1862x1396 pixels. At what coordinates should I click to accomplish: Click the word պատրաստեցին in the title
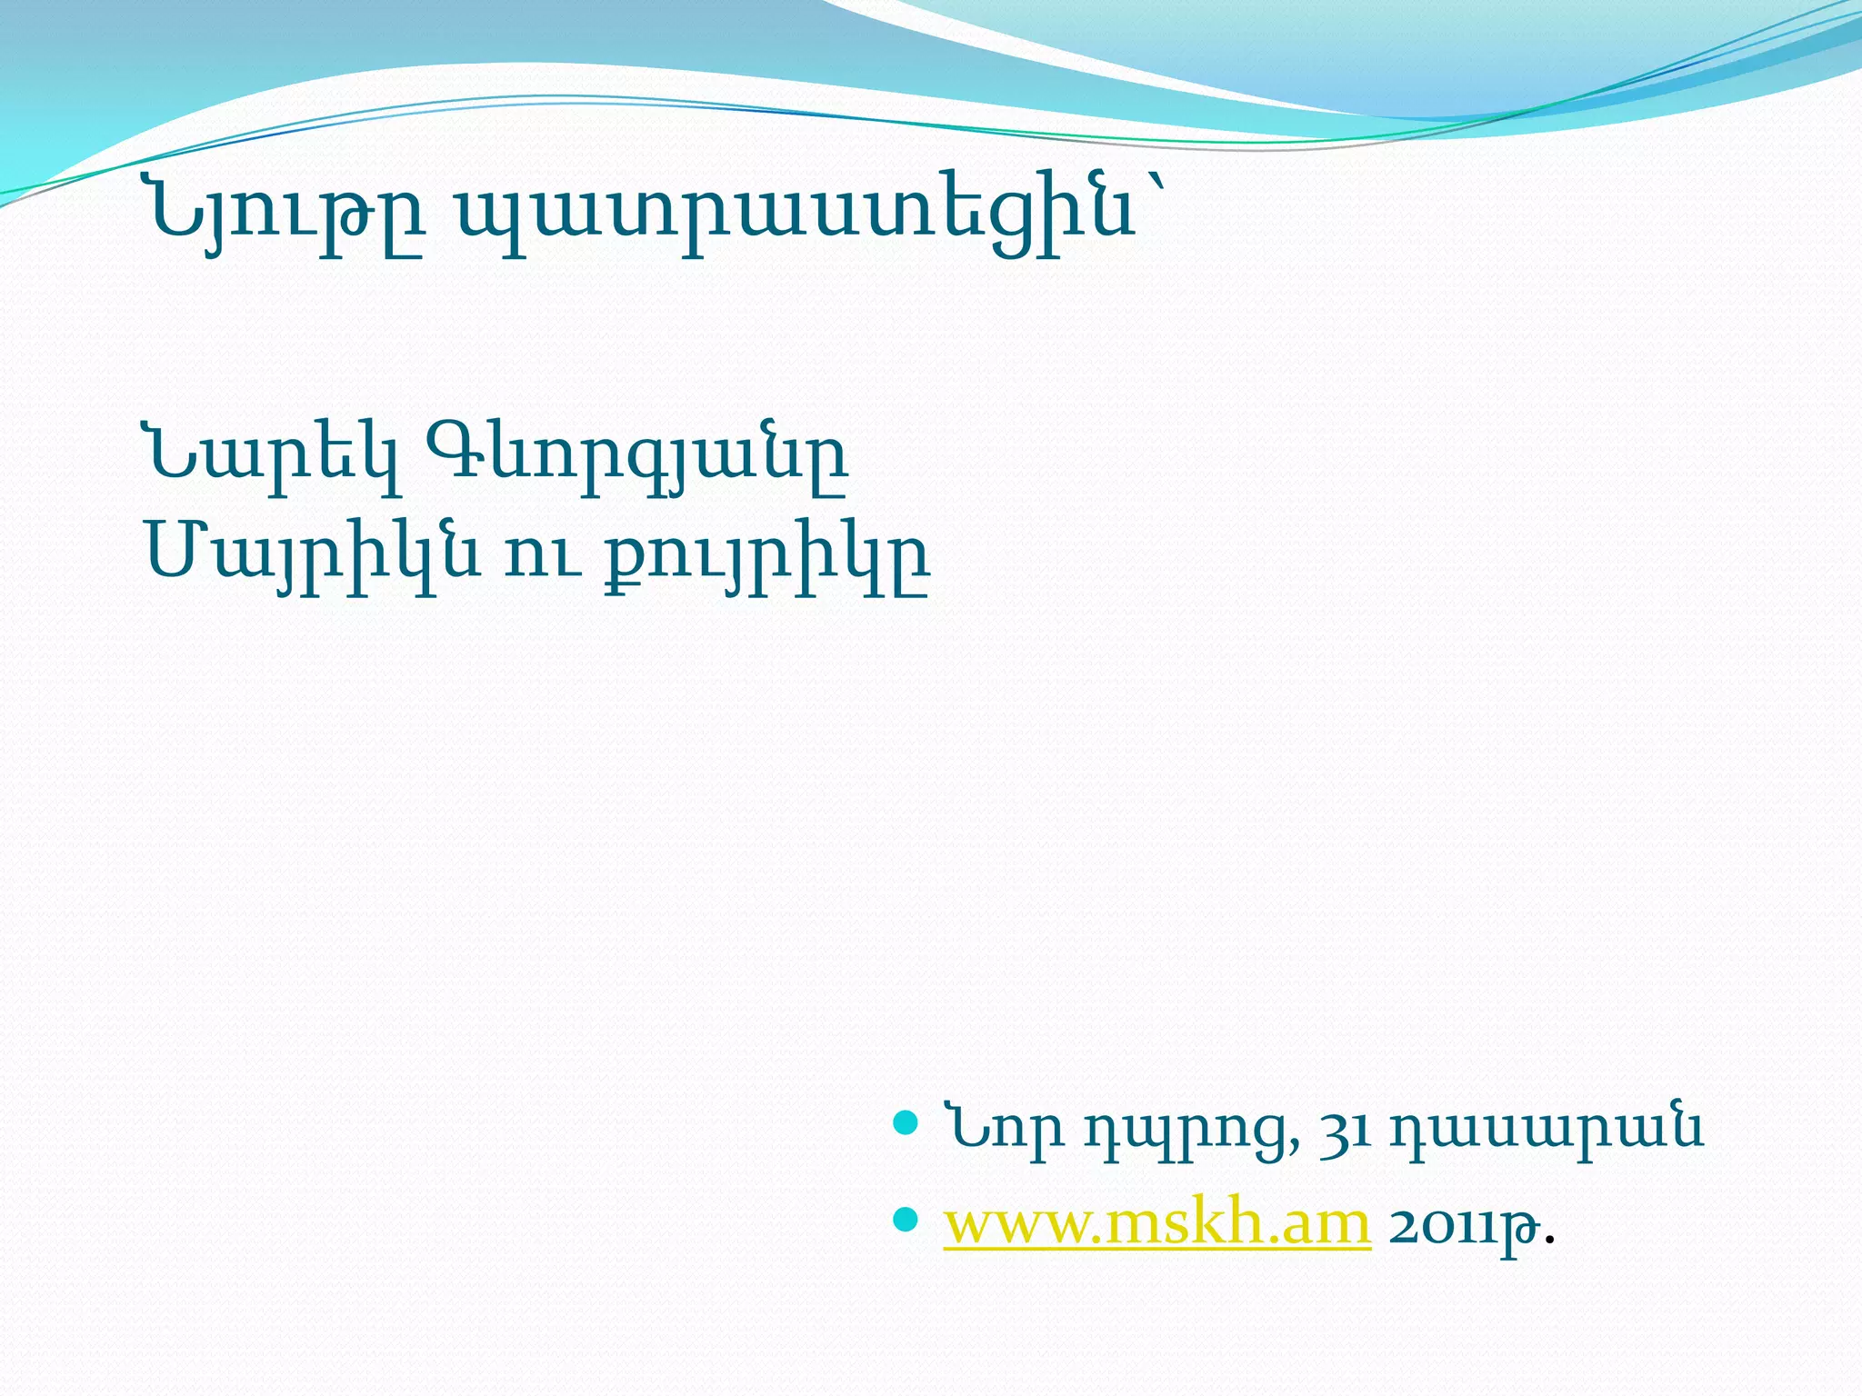(796, 216)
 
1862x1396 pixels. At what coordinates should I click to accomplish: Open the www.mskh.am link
(1156, 1224)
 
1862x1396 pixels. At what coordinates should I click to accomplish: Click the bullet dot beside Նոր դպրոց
(906, 1123)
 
